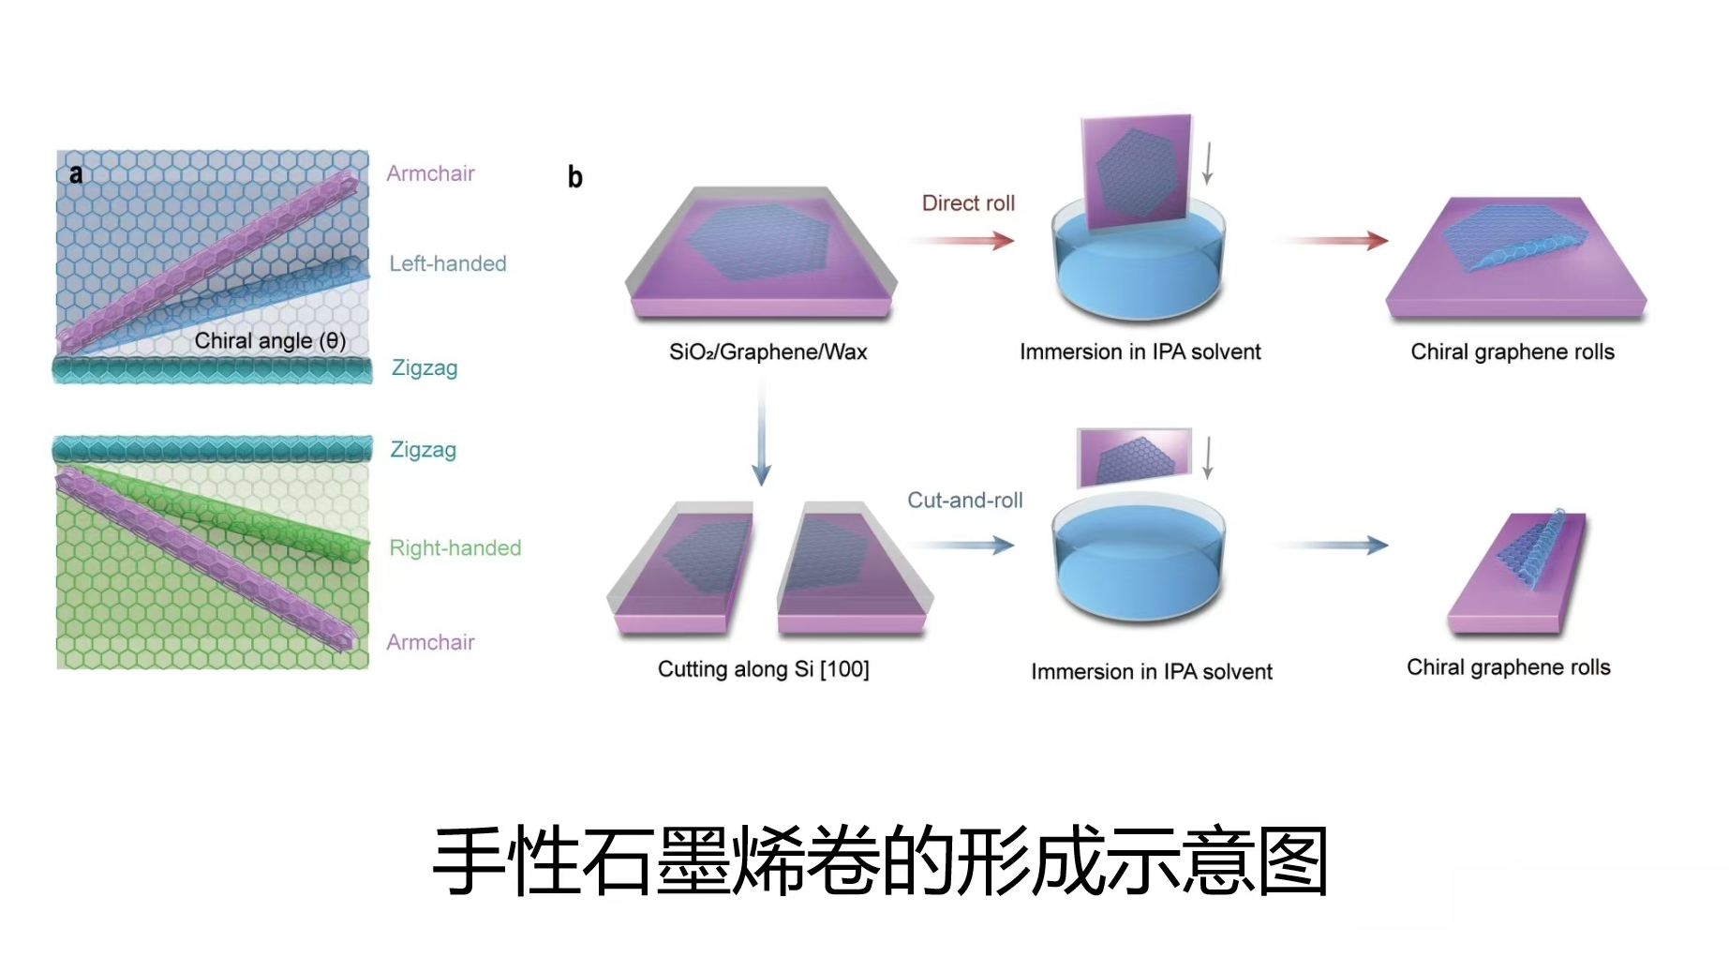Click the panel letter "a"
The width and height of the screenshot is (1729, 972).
coord(76,174)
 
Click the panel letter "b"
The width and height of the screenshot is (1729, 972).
coord(575,177)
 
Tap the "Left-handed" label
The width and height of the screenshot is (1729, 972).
coord(447,264)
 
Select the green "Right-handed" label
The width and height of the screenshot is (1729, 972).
coord(455,548)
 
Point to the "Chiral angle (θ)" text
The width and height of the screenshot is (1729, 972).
coord(270,341)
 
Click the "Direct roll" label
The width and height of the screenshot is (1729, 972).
coord(968,203)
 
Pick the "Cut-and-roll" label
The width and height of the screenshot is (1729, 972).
coord(964,501)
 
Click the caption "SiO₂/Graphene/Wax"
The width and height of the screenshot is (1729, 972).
coord(768,352)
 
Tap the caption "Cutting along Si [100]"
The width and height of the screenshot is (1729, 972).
coord(763,669)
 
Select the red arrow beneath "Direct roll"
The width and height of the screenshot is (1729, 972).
coord(961,241)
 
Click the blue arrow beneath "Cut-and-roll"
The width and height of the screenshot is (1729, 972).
coord(961,545)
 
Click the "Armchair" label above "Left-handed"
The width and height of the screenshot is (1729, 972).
coord(430,173)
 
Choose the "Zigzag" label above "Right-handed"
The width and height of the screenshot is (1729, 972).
coord(423,450)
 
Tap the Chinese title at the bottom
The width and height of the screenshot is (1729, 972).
coord(880,861)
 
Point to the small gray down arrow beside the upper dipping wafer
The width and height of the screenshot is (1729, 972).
coord(1207,163)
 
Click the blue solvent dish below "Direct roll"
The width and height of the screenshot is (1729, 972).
coord(1139,267)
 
